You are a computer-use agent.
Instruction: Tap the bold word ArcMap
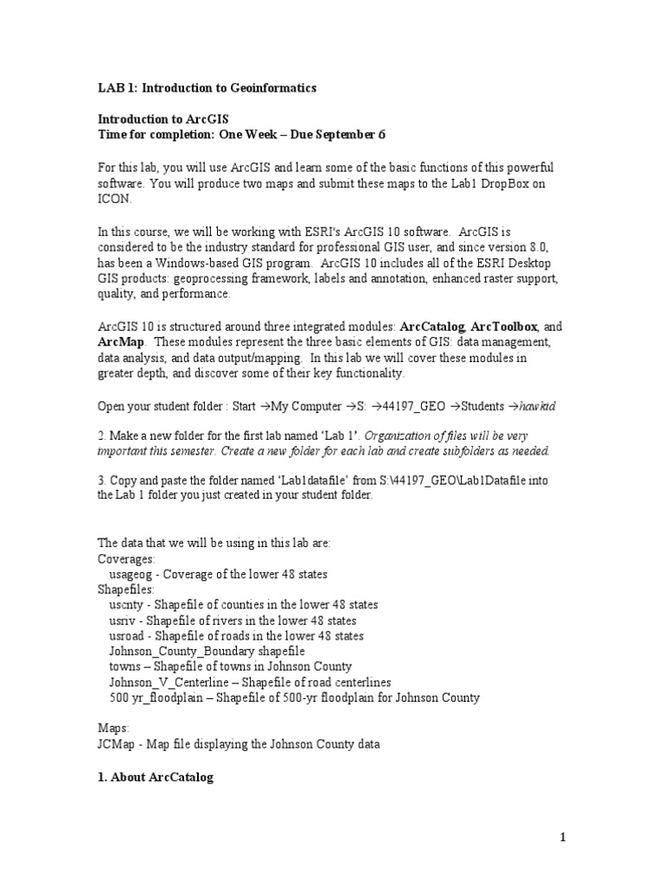117,342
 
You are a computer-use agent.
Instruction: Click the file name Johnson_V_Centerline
171,682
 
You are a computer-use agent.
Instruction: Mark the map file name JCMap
117,744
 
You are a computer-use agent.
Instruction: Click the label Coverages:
127,559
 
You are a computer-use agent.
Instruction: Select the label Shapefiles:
127,589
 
